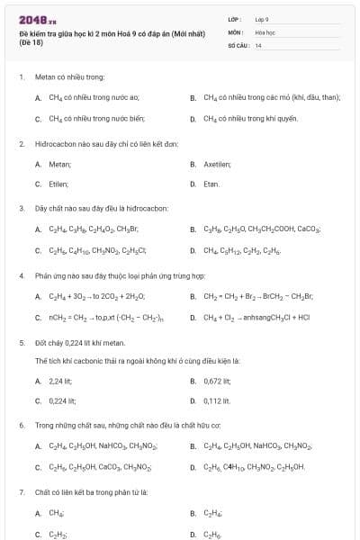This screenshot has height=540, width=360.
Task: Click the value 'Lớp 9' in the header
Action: point(262,19)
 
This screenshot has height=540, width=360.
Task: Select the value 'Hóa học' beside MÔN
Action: point(264,31)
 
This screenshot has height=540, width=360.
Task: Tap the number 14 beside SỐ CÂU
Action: point(258,44)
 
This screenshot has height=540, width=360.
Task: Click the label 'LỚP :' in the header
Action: point(235,19)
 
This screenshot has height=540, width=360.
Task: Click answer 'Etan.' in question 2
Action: point(211,184)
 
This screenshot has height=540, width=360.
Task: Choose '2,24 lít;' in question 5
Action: point(61,382)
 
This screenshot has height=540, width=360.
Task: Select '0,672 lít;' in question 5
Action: point(218,382)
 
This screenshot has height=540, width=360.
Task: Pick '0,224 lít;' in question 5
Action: point(62,400)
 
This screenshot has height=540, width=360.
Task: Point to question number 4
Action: point(21,276)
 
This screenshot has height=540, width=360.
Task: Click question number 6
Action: point(21,425)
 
